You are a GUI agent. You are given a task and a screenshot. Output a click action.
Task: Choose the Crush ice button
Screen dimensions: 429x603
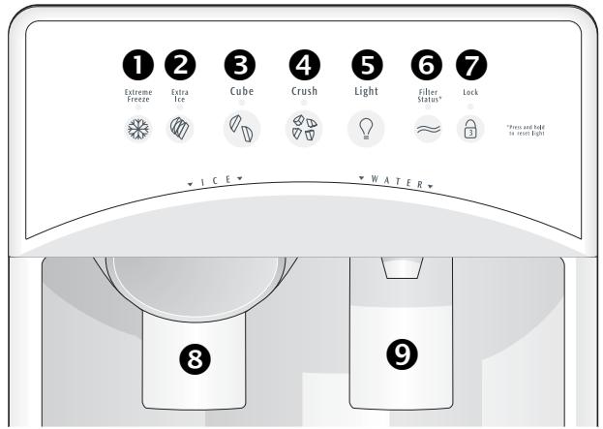(304, 131)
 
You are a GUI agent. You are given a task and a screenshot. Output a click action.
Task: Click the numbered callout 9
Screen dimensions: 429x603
(402, 355)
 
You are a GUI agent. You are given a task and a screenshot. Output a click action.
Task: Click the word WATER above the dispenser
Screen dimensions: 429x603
(396, 182)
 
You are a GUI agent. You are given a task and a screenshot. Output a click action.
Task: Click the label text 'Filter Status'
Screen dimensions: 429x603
(428, 94)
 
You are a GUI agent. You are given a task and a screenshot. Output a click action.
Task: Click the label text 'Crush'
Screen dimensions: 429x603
(304, 91)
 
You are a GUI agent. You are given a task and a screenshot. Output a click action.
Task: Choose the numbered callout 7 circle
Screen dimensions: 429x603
(470, 64)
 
